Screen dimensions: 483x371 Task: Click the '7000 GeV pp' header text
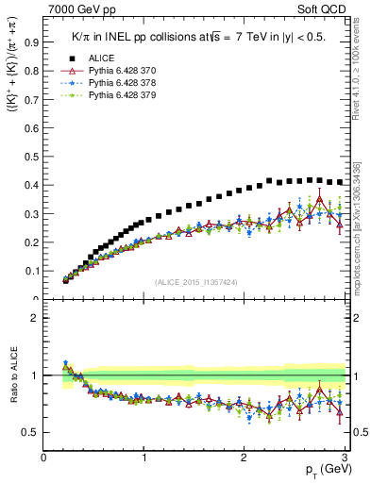(x=75, y=8)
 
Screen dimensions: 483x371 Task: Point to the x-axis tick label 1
(x=144, y=458)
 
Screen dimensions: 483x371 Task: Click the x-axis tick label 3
(x=345, y=458)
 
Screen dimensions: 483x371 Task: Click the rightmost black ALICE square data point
(x=340, y=182)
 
